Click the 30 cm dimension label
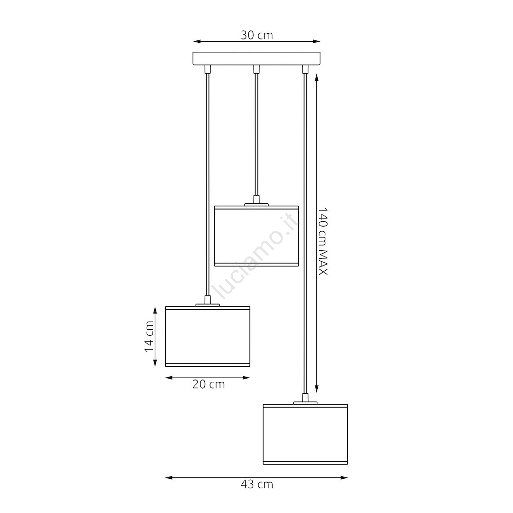point(257,35)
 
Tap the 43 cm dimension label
point(257,484)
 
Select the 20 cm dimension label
point(209,384)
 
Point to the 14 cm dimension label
point(149,336)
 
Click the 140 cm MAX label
point(323,241)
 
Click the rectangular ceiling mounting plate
point(256,58)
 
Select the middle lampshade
point(256,236)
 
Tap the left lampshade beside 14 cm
point(208,336)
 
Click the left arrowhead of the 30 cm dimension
point(197,41)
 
